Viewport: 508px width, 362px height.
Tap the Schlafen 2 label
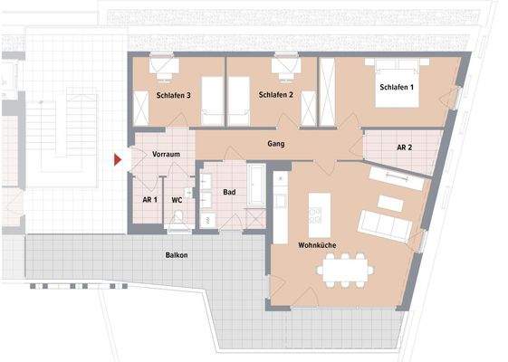[273, 95]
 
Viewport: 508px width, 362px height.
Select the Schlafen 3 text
[172, 95]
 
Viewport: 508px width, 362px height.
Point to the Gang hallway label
[277, 144]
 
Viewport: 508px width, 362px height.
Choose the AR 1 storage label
[149, 199]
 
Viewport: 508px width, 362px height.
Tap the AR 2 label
[404, 148]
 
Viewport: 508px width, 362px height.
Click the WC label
[177, 199]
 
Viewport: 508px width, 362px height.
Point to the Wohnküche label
[319, 245]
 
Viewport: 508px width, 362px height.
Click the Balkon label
[177, 255]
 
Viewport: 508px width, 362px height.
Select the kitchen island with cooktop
[316, 210]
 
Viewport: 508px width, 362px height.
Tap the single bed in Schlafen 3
[210, 100]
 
